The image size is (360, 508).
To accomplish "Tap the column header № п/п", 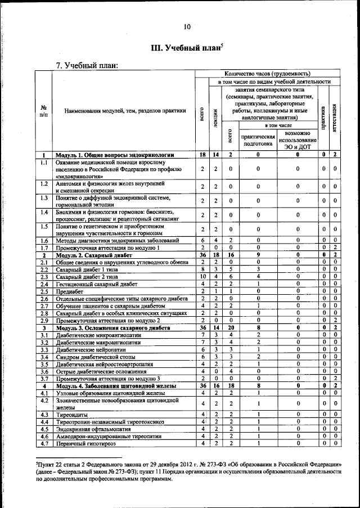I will tap(43, 111).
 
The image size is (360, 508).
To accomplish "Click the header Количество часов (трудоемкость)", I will tap(267, 74).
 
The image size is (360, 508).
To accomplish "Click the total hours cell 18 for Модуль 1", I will tap(202, 155).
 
